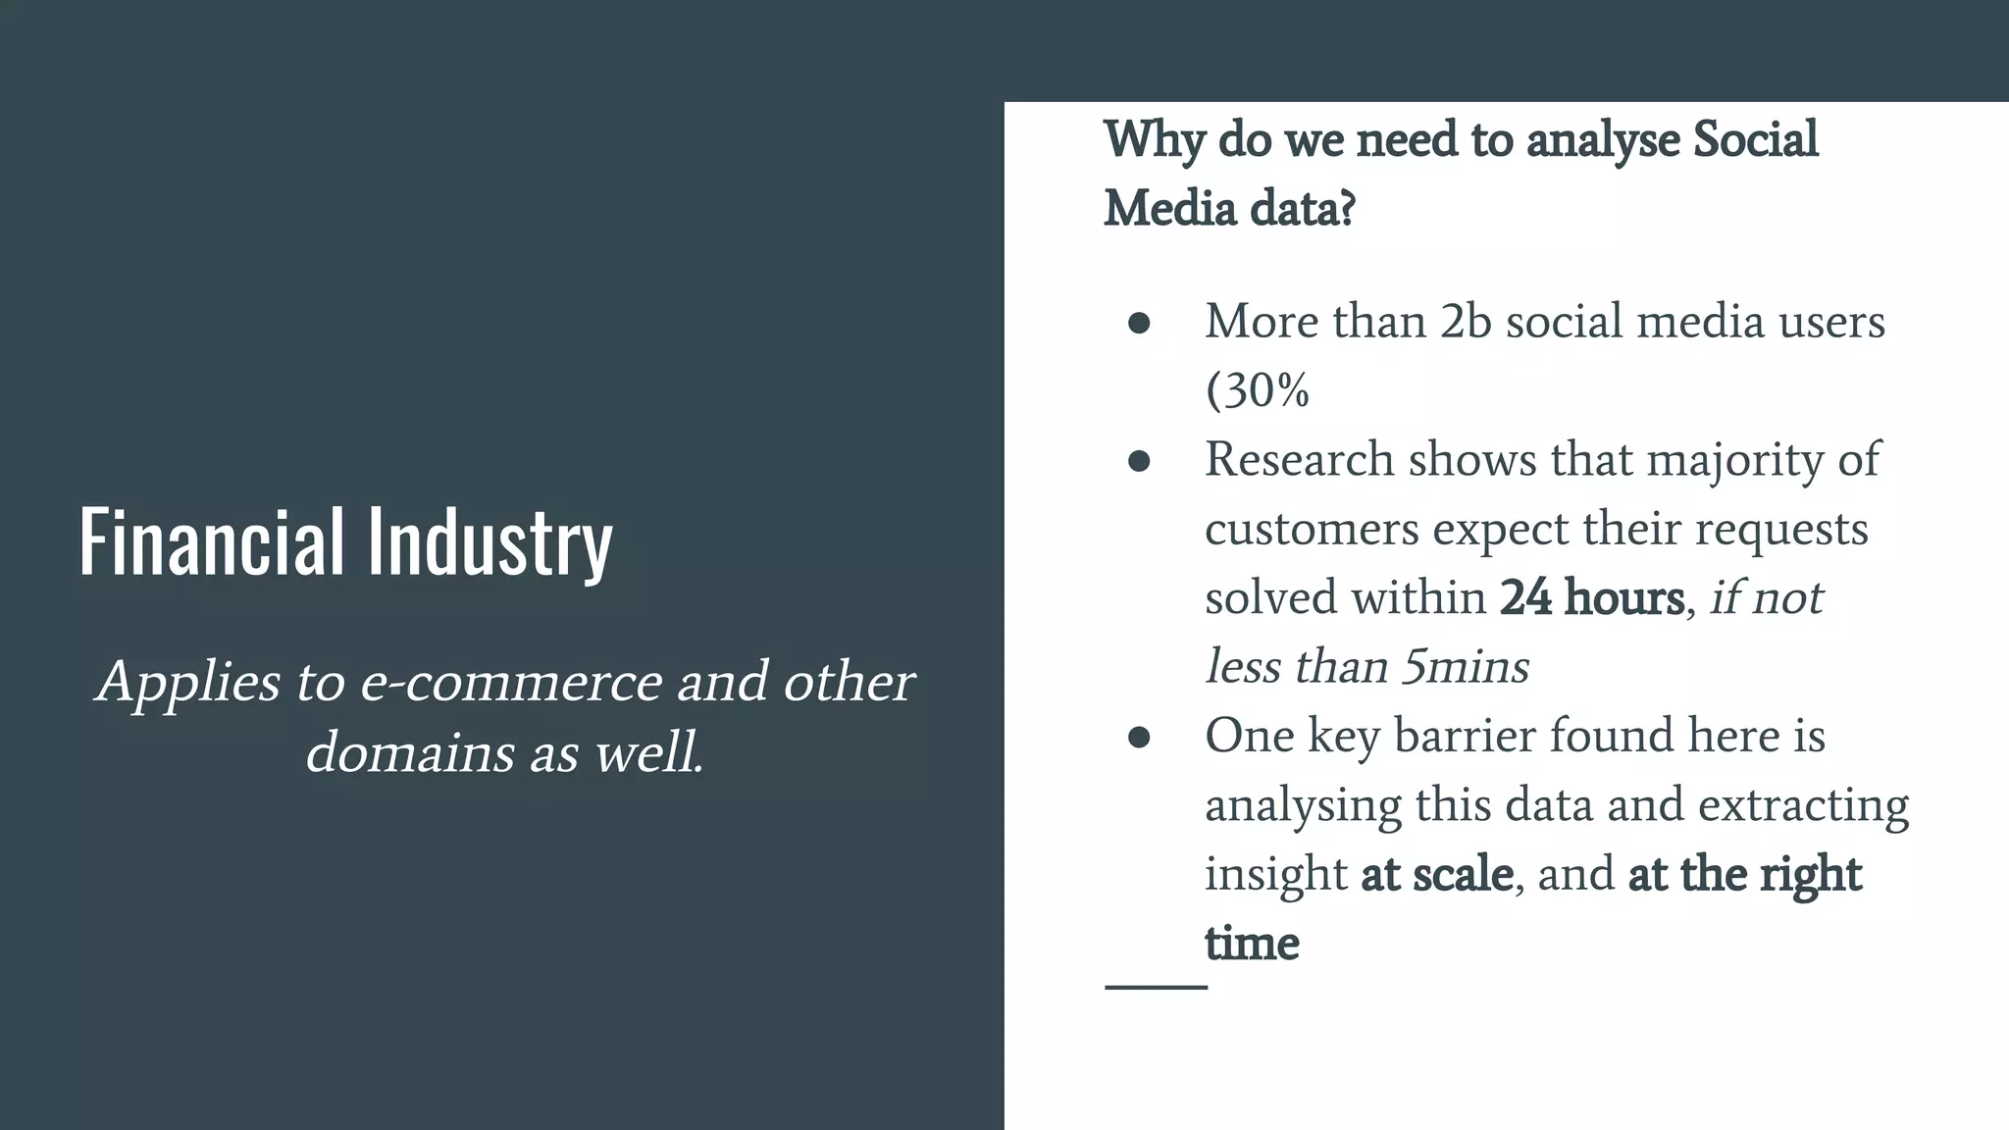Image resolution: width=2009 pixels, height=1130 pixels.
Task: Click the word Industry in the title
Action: (489, 542)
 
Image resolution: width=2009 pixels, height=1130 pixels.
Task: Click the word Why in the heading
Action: (1154, 140)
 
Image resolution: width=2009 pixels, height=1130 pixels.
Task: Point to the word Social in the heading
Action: (1756, 139)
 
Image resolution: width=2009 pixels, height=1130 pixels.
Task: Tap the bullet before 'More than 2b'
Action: (1139, 324)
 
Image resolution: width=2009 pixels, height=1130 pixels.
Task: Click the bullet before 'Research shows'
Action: (1139, 461)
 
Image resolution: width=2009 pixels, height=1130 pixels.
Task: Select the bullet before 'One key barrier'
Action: (1139, 737)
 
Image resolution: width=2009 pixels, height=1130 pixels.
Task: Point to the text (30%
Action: (1257, 390)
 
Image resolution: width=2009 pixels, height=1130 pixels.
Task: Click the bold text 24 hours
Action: (1591, 597)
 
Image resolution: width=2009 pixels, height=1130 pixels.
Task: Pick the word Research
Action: (1299, 460)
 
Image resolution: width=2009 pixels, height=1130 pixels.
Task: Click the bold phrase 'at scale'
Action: (1437, 873)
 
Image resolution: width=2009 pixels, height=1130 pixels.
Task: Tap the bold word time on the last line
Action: (1252, 943)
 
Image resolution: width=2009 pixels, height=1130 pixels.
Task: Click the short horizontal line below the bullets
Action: (1156, 987)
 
